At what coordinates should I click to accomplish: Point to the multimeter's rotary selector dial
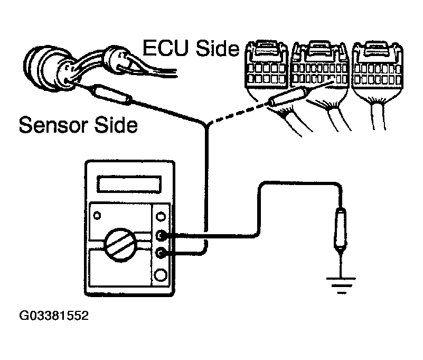click(123, 243)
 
